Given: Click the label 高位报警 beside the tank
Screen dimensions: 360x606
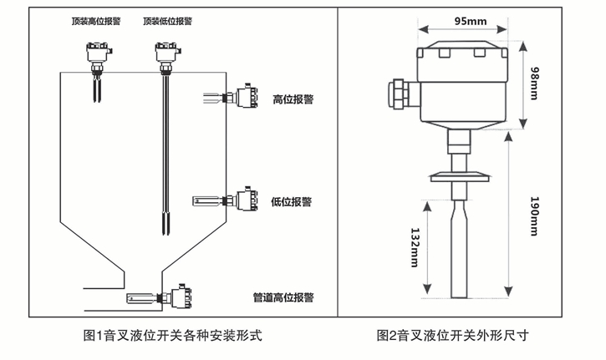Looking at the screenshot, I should click(x=293, y=99).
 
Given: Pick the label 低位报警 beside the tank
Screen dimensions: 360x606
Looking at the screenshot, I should click(x=292, y=201).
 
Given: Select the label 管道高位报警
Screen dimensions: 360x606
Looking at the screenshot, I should click(x=283, y=297).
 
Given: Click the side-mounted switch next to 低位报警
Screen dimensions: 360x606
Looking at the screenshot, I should click(x=244, y=200).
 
